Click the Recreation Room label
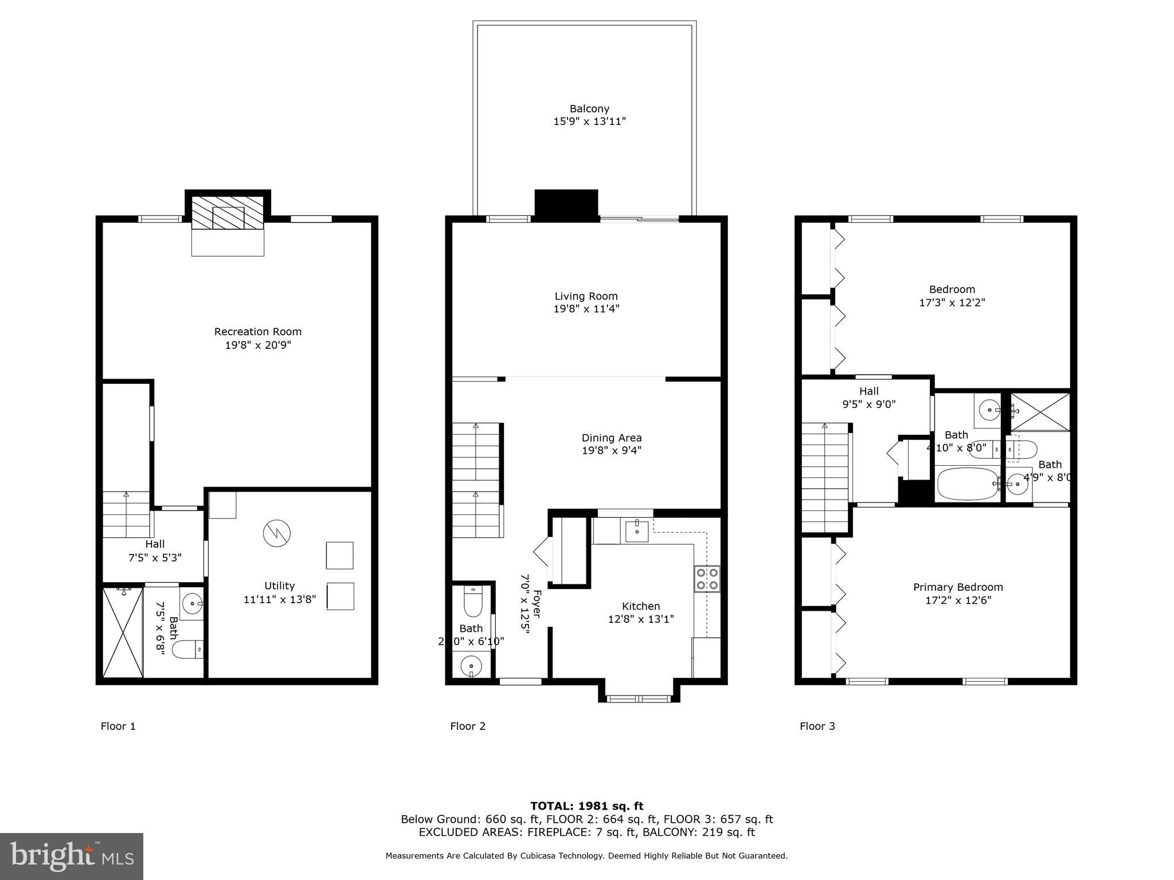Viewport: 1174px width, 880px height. point(257,332)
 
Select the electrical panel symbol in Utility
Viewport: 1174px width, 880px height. point(277,533)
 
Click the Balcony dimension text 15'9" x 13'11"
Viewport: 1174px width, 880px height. point(589,121)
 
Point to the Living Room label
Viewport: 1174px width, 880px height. point(586,296)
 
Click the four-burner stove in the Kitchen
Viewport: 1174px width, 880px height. point(707,579)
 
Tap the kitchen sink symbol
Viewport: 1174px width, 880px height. point(637,531)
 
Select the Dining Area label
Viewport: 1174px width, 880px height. point(611,438)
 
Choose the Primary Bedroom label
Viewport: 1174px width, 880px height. point(957,587)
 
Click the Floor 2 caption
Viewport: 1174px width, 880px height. point(468,726)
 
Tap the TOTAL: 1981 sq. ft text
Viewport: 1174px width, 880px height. point(586,806)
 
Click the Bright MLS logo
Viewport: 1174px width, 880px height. point(72,856)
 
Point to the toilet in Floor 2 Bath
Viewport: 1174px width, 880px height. point(473,602)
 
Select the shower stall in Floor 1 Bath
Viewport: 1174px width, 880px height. point(122,632)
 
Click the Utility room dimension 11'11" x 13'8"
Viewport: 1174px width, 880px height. point(279,599)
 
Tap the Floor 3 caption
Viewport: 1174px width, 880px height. point(817,726)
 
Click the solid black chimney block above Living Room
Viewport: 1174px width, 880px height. point(566,205)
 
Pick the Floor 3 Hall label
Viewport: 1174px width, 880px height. point(868,391)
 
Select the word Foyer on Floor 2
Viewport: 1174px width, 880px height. point(537,604)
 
